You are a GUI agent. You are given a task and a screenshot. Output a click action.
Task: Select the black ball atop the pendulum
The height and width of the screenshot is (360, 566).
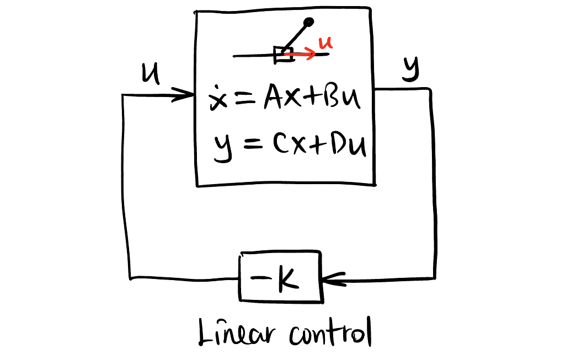[x=309, y=23]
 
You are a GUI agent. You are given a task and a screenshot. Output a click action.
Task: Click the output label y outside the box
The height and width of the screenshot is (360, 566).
[x=410, y=69]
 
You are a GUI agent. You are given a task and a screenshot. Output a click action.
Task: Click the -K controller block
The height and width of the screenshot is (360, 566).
[x=280, y=277]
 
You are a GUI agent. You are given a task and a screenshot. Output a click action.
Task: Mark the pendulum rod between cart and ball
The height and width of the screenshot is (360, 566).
[x=296, y=36]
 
